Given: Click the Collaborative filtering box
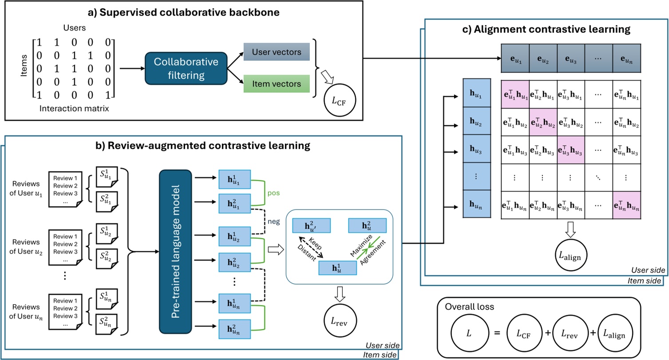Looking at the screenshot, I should (x=186, y=69).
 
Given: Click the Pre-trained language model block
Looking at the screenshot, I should (x=175, y=245).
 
